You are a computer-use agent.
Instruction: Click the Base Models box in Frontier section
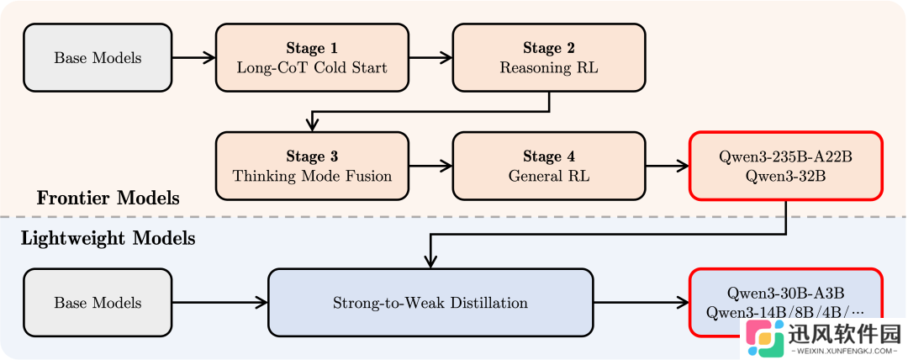pyautogui.click(x=98, y=58)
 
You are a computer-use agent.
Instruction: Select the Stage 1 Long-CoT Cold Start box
pyautogui.click(x=312, y=58)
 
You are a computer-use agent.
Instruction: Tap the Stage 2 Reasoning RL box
pyautogui.click(x=549, y=58)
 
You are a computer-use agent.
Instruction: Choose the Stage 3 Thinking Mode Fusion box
pyautogui.click(x=312, y=166)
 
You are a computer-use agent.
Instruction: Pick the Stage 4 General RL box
pyautogui.click(x=549, y=166)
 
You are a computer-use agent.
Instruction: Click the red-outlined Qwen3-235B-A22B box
pyautogui.click(x=786, y=166)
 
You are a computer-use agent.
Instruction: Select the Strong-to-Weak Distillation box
pyautogui.click(x=430, y=302)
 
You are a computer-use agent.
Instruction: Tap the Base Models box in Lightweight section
pyautogui.click(x=98, y=302)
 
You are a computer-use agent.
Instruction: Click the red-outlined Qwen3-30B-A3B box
pyautogui.click(x=786, y=302)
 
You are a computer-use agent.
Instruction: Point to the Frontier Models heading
pyautogui.click(x=108, y=199)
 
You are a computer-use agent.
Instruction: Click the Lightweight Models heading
pyautogui.click(x=108, y=238)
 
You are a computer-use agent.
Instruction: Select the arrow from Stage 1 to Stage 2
pyautogui.click(x=430, y=58)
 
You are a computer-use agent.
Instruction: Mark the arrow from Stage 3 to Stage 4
pyautogui.click(x=430, y=166)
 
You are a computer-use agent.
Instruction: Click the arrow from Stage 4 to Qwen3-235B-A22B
pyautogui.click(x=668, y=166)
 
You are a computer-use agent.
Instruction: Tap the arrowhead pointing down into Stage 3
pyautogui.click(x=312, y=125)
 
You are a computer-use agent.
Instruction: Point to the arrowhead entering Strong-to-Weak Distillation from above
pyautogui.click(x=430, y=262)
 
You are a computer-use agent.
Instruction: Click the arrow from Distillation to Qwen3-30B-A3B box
pyautogui.click(x=641, y=302)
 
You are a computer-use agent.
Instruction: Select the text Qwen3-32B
pyautogui.click(x=786, y=176)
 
